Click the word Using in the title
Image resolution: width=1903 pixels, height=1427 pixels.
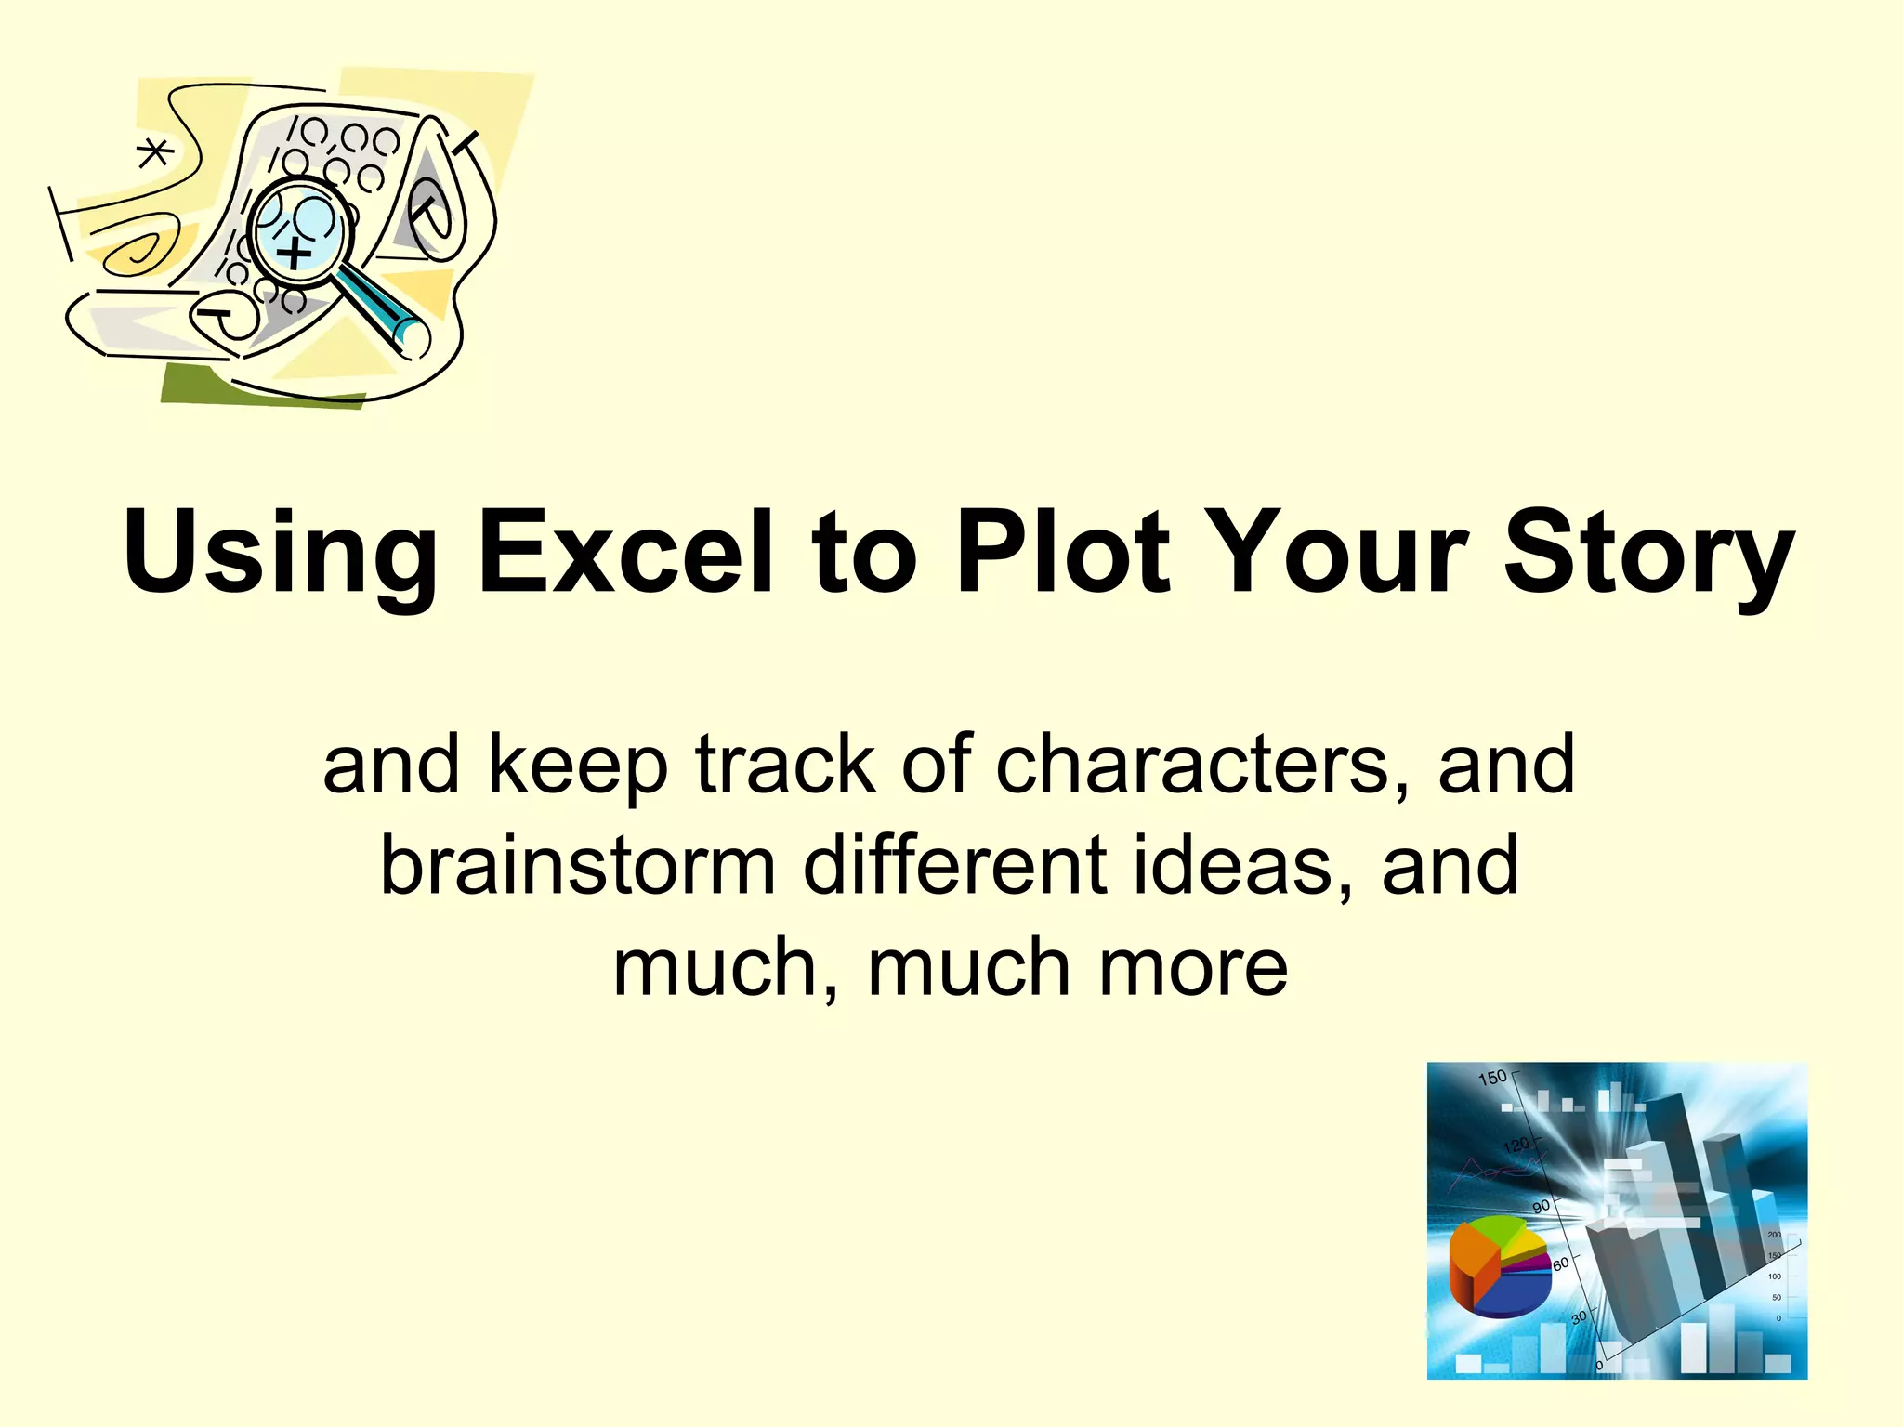[279, 553]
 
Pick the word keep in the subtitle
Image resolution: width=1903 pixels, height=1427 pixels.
[577, 766]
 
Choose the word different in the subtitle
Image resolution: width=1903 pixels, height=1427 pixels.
[955, 866]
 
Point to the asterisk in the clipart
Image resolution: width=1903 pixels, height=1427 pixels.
[154, 152]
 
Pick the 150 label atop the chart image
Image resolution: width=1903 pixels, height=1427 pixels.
[1491, 1078]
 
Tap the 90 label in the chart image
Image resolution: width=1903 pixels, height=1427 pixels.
[1541, 1206]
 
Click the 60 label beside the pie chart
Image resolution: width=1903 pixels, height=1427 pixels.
[1560, 1263]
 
